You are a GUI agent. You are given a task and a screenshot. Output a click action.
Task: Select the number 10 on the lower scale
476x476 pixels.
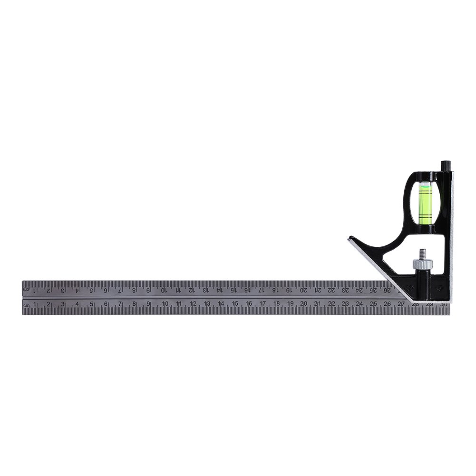(x=165, y=304)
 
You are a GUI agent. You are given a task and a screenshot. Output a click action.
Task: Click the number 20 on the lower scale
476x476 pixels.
(x=303, y=303)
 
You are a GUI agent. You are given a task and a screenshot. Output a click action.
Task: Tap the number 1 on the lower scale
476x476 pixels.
(x=35, y=304)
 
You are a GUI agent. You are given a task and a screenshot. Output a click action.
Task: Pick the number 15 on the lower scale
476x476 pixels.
(x=234, y=304)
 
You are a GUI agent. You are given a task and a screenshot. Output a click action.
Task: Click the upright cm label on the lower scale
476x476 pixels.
(x=27, y=305)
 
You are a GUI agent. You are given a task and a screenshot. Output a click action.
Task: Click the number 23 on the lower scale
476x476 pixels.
(x=345, y=303)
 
